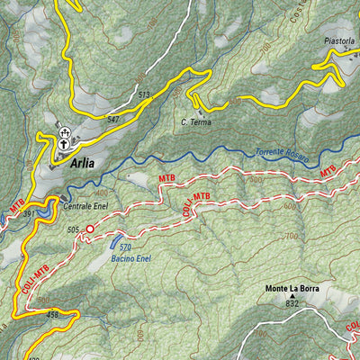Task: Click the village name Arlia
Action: pos(80,164)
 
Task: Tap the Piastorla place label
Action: pos(340,40)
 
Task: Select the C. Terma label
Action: pos(195,122)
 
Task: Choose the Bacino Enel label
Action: pos(130,258)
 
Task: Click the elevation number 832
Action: pos(292,305)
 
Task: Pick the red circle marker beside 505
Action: pos(89,229)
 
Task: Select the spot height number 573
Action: pos(144,94)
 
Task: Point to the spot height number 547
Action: pos(112,119)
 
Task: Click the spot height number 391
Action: pos(30,214)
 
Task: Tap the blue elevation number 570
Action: pos(126,247)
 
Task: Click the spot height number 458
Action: pos(52,314)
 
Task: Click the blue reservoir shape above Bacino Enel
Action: pos(116,241)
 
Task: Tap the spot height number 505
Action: pos(73,229)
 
